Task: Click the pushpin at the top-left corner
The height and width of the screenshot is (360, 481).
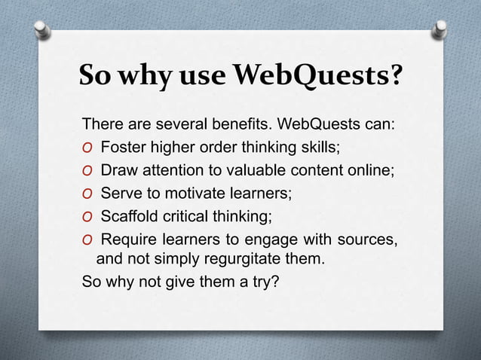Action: [x=42, y=29]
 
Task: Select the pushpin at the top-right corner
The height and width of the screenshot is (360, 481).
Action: [x=440, y=29]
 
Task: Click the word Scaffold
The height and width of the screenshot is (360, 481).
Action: [x=130, y=216]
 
